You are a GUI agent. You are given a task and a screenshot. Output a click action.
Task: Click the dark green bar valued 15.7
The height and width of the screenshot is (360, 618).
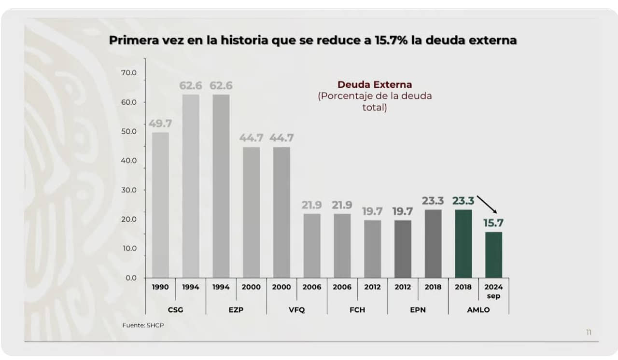(x=493, y=255)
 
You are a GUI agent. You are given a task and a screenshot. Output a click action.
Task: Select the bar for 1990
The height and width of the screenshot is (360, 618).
(x=160, y=205)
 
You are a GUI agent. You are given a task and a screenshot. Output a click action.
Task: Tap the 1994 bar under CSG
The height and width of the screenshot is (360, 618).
(x=190, y=186)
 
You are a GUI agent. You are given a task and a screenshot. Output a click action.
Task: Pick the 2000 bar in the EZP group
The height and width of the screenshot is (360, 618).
(x=251, y=212)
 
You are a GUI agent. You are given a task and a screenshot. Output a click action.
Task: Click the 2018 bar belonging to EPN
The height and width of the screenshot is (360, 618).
(x=433, y=244)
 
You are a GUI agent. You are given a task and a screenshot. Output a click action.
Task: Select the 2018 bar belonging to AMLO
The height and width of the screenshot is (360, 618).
(x=463, y=244)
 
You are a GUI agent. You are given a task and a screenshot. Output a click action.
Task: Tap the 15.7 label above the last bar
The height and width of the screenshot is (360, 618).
(x=493, y=223)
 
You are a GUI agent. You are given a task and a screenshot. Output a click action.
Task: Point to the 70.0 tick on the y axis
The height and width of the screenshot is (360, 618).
(x=129, y=73)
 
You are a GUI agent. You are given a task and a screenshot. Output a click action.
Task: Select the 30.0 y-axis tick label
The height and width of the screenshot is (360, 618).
(x=129, y=190)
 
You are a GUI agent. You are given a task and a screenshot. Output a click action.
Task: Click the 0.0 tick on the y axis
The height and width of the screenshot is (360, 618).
(x=131, y=278)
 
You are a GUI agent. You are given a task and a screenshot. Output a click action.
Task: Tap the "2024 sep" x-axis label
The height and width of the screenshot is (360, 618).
(x=493, y=291)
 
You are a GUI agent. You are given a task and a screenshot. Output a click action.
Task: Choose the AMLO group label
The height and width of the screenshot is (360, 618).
(x=478, y=310)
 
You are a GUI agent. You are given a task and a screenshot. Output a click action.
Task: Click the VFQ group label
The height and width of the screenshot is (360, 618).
(x=296, y=310)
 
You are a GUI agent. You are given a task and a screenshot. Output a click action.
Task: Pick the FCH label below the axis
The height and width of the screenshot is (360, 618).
(x=357, y=310)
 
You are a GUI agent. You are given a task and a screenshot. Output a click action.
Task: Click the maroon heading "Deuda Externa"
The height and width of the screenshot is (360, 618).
(x=374, y=85)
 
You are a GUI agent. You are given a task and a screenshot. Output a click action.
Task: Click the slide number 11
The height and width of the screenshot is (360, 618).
(x=589, y=332)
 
